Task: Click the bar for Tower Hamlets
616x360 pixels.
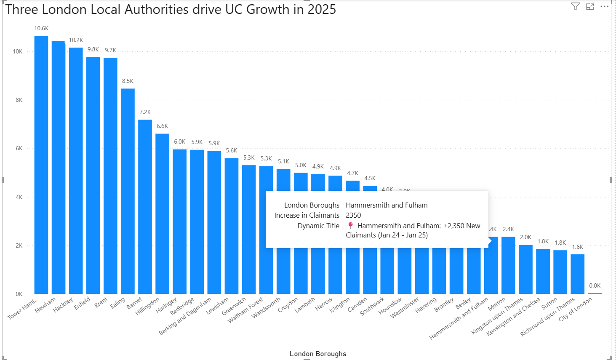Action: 41,164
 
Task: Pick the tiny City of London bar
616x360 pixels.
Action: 595,293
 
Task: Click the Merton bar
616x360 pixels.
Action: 508,265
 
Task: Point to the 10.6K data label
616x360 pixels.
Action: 41,29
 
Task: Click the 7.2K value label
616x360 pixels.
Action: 145,112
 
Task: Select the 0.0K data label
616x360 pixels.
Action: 595,285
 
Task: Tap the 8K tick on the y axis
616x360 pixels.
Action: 19,100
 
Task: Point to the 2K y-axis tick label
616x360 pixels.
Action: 19,245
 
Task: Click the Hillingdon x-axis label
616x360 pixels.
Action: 147,307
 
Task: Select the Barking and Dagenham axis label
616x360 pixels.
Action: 185,317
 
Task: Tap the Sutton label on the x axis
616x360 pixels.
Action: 549,304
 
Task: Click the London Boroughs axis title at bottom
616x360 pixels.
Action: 318,354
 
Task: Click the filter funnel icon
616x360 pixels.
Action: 575,6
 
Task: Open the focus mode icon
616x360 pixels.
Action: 590,6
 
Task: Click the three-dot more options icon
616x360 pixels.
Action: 605,6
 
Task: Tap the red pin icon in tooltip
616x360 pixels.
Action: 350,225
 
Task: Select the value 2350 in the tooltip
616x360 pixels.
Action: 353,215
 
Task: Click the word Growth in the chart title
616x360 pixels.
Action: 267,9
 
